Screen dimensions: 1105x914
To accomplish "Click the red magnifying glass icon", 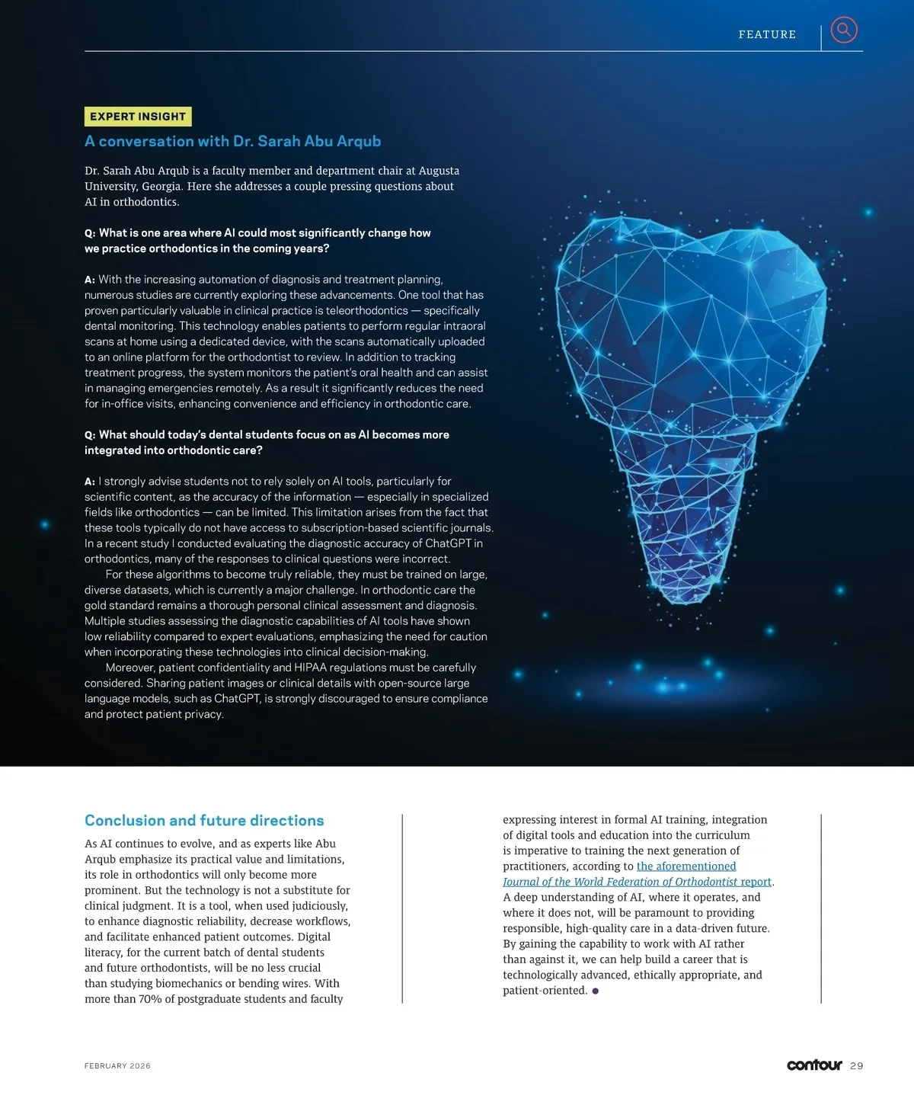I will tap(843, 30).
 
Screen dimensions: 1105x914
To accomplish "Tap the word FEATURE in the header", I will tap(767, 34).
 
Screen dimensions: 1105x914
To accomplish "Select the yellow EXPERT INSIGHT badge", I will tap(138, 117).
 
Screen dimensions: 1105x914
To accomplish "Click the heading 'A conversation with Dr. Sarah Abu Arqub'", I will tap(232, 141).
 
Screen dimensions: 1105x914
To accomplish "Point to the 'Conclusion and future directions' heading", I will tap(204, 821).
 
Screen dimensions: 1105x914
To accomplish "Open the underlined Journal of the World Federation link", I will tap(637, 882).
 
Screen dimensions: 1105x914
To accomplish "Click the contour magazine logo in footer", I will tap(814, 1065).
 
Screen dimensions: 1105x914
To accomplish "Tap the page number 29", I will tap(857, 1066).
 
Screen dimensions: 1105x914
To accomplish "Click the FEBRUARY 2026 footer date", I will tap(117, 1066).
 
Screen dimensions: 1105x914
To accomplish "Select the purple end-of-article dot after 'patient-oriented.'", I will tap(595, 991).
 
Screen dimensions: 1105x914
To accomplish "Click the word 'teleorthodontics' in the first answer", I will tap(368, 311).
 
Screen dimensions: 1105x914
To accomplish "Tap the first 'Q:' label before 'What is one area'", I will tap(90, 233).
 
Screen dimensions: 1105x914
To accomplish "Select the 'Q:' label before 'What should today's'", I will tap(90, 435).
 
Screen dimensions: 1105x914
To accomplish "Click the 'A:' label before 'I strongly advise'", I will tap(90, 482).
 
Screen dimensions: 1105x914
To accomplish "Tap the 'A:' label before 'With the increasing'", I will tap(90, 280).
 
